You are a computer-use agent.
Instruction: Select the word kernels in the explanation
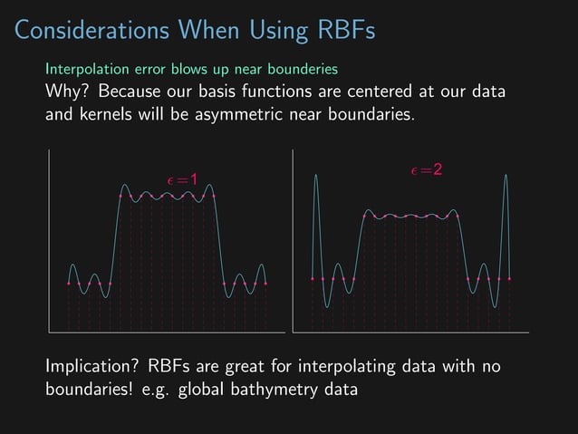coord(110,116)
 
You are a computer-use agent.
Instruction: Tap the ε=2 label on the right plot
coord(427,170)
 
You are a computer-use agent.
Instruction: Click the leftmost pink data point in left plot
coord(69,284)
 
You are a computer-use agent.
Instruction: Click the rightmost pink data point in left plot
coord(266,284)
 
